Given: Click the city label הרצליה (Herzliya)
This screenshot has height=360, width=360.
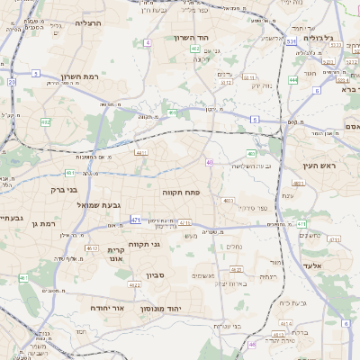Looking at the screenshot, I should click(88, 22).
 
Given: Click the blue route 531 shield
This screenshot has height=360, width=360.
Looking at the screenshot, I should click(291, 41).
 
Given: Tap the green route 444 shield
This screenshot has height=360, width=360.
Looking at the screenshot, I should click(292, 80).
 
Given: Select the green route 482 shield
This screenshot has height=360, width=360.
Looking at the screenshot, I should click(46, 121).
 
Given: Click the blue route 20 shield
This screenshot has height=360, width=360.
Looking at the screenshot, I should click(12, 82).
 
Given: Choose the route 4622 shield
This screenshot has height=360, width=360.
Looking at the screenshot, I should click(237, 269).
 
